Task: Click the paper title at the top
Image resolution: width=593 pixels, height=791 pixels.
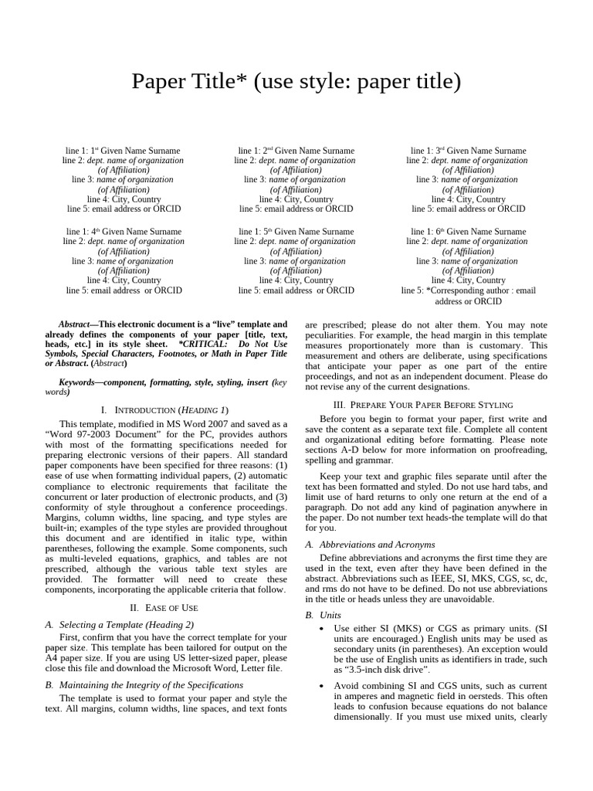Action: pyautogui.click(x=296, y=81)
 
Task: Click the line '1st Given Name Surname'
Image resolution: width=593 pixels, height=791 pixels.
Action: pyautogui.click(x=124, y=151)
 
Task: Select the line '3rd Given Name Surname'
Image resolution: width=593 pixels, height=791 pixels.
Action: pyautogui.click(x=468, y=151)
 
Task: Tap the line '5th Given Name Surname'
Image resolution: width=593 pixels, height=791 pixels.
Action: pyautogui.click(x=296, y=232)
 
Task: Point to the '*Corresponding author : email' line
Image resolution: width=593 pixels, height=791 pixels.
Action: pyautogui.click(x=468, y=291)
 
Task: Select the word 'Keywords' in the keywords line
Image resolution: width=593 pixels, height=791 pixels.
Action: pyautogui.click(x=78, y=382)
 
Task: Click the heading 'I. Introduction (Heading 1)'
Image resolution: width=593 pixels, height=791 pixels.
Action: pyautogui.click(x=165, y=409)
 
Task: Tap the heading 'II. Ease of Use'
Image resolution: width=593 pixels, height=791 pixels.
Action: pyautogui.click(x=165, y=608)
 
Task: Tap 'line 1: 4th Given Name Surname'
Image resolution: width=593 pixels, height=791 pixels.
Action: pyautogui.click(x=124, y=232)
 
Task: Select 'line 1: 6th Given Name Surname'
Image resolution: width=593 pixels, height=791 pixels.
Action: pyautogui.click(x=468, y=232)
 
